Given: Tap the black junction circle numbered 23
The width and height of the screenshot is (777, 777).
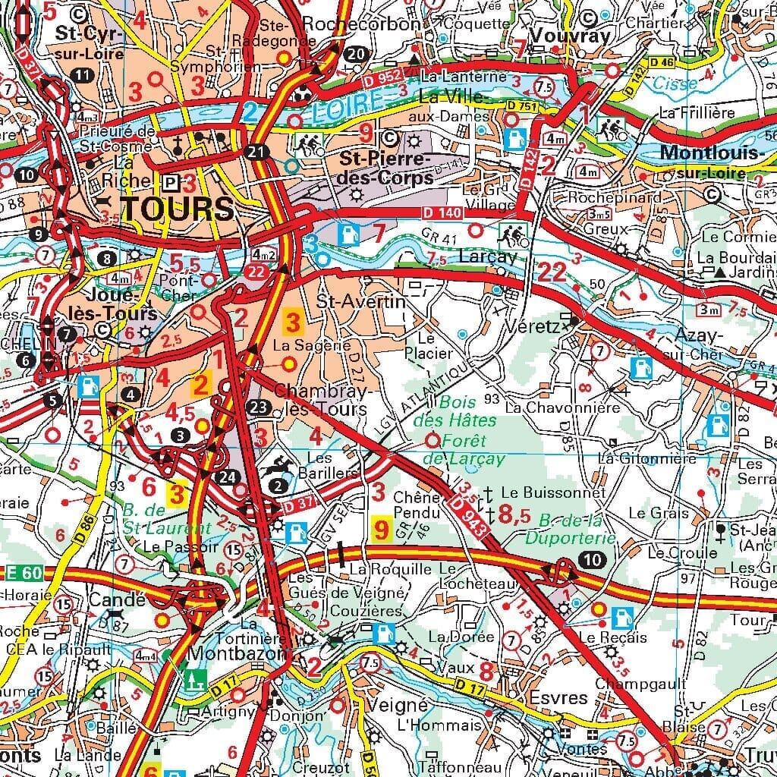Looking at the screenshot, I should pyautogui.click(x=260, y=407).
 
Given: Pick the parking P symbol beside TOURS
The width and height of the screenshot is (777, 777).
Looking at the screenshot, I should pyautogui.click(x=171, y=183).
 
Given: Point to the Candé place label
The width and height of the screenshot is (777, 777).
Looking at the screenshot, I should pyautogui.click(x=117, y=599).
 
